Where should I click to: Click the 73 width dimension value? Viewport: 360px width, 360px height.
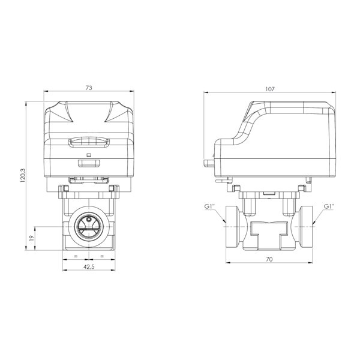[89, 88]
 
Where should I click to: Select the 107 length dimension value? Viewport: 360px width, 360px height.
[270, 89]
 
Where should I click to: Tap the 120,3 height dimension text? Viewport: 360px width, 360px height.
[23, 175]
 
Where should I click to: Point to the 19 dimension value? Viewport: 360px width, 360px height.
[32, 238]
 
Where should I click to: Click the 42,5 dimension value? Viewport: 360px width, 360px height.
[89, 266]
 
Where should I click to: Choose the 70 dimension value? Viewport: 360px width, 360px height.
[269, 259]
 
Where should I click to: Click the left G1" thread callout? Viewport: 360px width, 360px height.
[209, 206]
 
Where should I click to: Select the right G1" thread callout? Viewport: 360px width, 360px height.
[329, 206]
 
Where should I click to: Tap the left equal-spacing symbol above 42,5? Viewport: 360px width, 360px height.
[76, 256]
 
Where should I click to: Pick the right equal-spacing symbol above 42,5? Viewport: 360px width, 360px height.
[102, 256]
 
